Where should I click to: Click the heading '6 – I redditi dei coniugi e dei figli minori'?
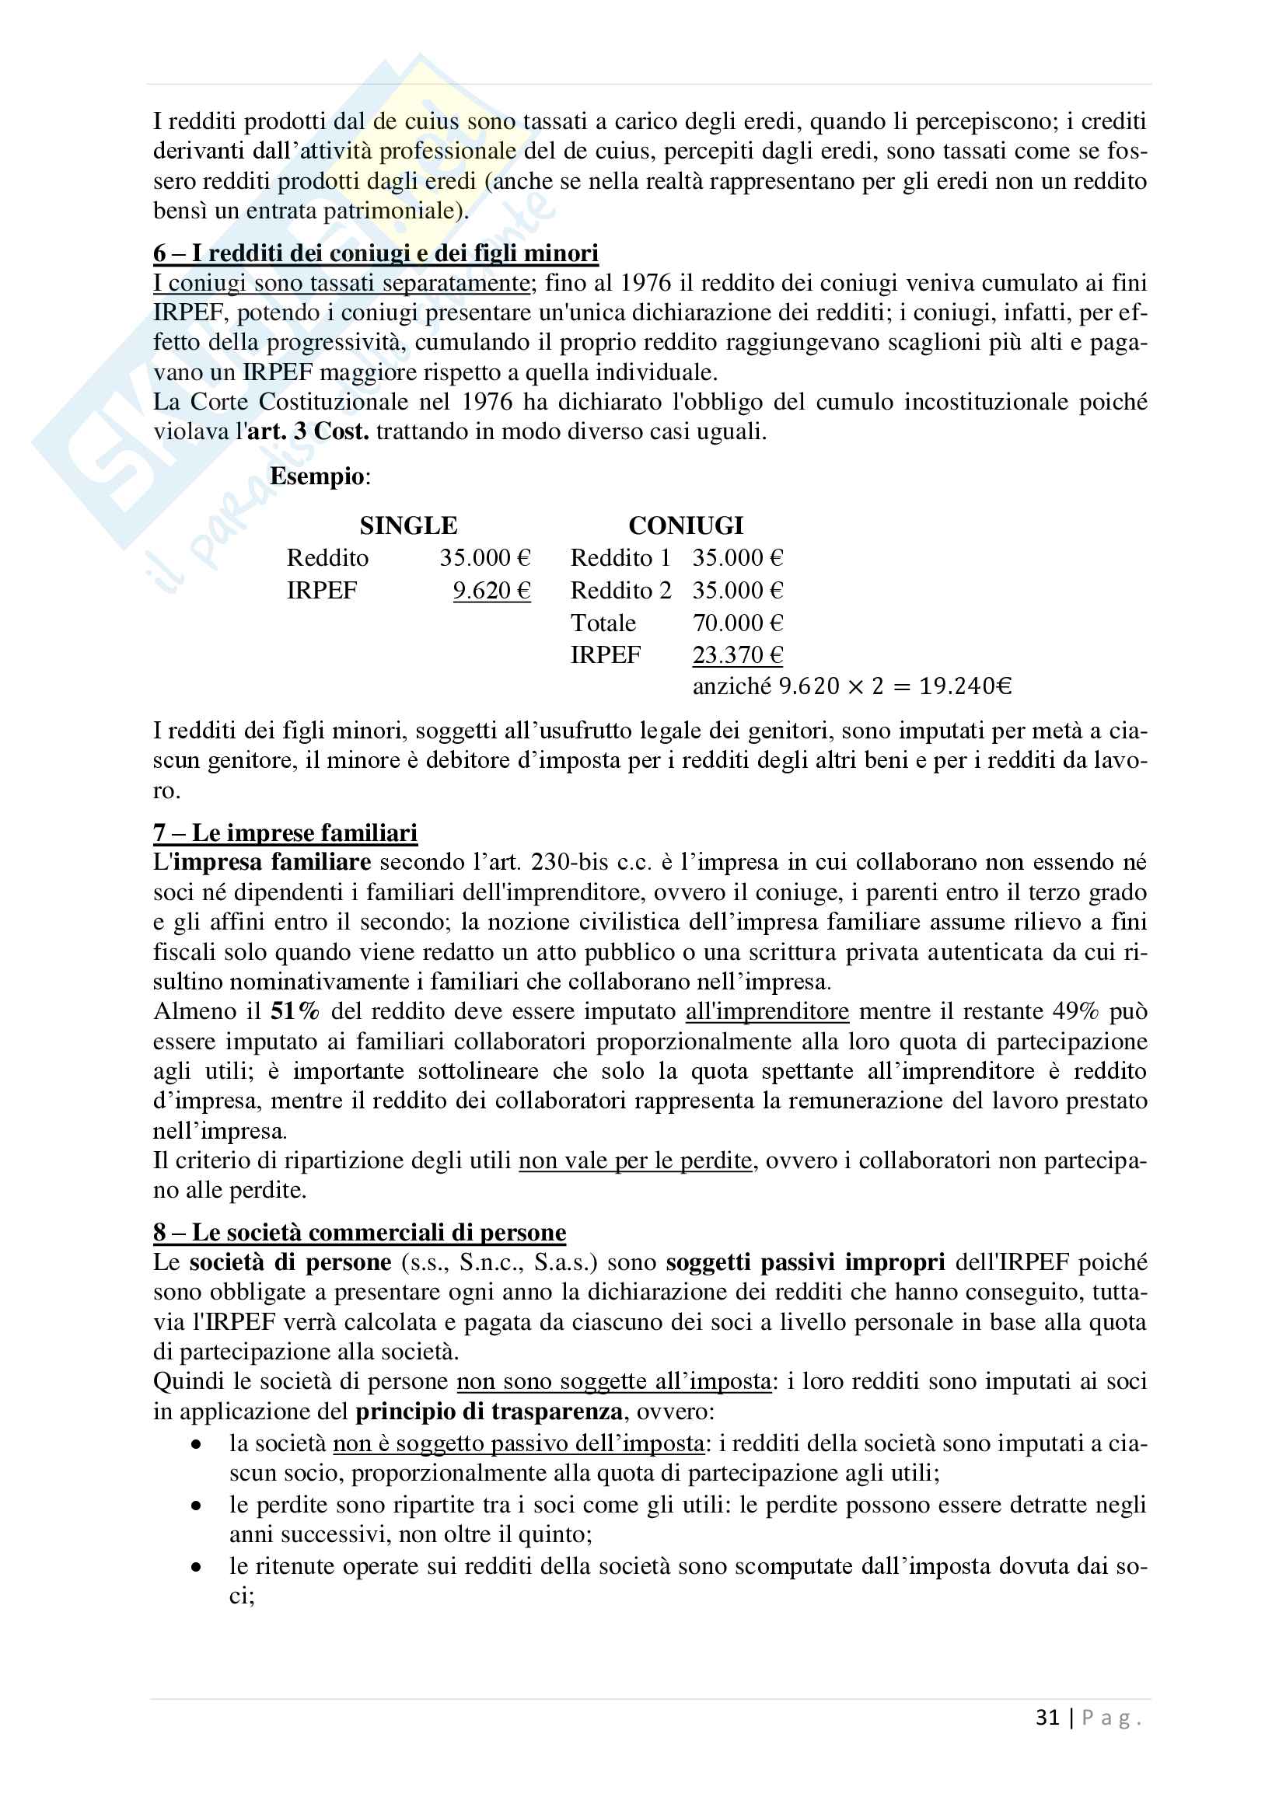point(376,253)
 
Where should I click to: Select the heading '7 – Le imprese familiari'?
point(285,833)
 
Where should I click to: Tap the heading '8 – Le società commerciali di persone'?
point(359,1233)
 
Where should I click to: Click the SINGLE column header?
point(409,525)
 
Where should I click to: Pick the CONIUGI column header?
point(686,525)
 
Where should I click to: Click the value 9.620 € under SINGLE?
point(491,591)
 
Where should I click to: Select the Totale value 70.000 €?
point(737,623)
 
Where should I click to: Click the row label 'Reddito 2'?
point(620,591)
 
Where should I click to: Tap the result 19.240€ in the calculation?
point(966,686)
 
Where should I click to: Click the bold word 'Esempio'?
point(316,476)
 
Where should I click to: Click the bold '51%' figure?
point(295,1012)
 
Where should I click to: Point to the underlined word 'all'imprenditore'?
point(767,1012)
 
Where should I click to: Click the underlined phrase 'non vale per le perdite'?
point(635,1160)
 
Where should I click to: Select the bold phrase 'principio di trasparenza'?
point(488,1411)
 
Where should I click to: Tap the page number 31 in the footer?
point(1047,1718)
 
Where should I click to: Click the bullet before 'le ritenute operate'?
point(197,1567)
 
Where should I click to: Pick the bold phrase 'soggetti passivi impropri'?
point(805,1263)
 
